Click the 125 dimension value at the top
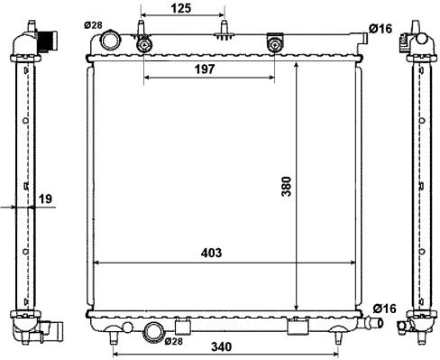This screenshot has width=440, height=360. (181, 8)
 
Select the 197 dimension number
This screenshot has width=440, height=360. (205, 69)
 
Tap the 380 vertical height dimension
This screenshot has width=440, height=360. (287, 187)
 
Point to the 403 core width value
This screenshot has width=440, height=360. (211, 253)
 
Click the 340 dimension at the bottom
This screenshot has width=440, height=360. (222, 347)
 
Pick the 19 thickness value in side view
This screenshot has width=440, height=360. (45, 198)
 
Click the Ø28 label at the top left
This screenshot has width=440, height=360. (93, 25)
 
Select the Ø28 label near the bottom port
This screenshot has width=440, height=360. (174, 341)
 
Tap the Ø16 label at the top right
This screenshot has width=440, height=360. (380, 29)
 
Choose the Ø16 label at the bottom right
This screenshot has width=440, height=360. (385, 309)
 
